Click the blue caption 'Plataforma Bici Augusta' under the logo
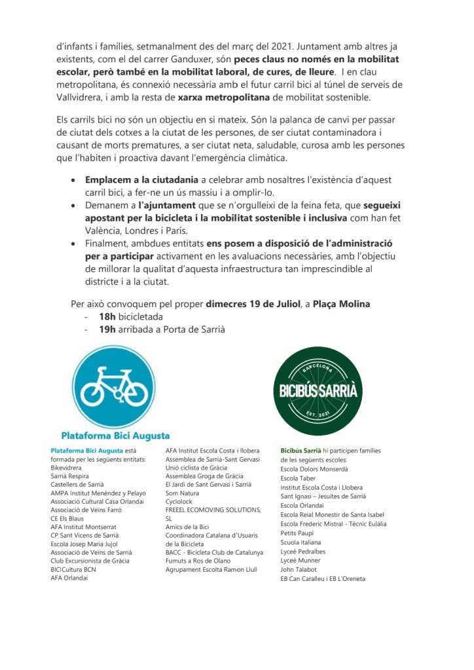[115, 436]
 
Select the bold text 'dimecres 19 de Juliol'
[251, 304]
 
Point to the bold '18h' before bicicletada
[107, 316]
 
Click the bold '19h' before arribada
[107, 329]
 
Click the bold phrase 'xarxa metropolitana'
[221, 98]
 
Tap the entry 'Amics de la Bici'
[187, 527]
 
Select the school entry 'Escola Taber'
[299, 479]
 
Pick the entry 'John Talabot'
[299, 570]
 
